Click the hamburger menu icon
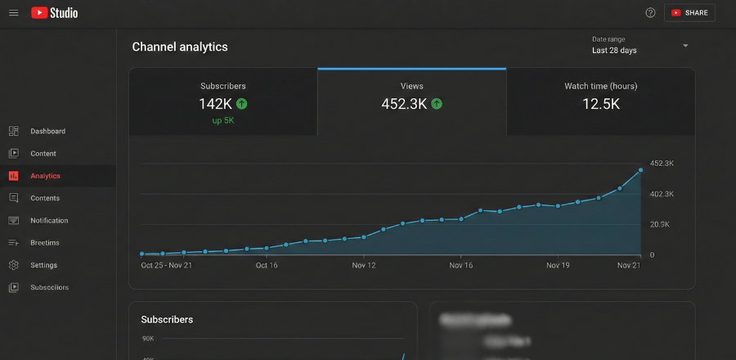coord(13,13)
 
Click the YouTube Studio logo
coord(55,13)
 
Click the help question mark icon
coord(650,13)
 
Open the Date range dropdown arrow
coord(685,46)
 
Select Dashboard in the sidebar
coord(47,131)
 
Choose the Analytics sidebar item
coord(45,176)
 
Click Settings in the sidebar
coord(43,265)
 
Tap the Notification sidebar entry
coord(49,221)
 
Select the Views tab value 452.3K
coord(404,104)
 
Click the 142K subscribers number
coord(215,104)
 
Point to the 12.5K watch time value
coord(600,104)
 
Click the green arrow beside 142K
coord(242,104)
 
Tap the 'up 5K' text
coord(222,121)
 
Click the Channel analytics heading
coord(180,47)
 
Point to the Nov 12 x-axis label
coord(363,265)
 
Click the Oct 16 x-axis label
coord(267,265)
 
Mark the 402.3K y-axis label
coord(662,194)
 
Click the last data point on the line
coord(640,170)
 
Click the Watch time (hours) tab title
coord(600,86)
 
